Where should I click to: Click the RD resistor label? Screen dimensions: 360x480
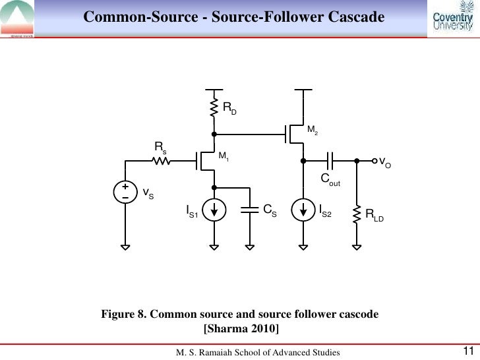[229, 107]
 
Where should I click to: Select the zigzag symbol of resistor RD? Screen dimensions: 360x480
[214, 107]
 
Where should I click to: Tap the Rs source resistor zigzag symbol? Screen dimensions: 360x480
[160, 160]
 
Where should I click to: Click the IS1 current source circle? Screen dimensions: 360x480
[214, 210]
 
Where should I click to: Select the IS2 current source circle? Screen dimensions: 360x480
[303, 210]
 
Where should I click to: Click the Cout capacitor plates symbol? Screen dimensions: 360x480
[331, 160]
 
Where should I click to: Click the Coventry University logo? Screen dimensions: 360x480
[452, 20]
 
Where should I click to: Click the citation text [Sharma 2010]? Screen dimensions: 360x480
[239, 328]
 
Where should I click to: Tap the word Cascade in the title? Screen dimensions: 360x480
[353, 15]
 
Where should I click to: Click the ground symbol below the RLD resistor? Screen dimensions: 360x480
[356, 249]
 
